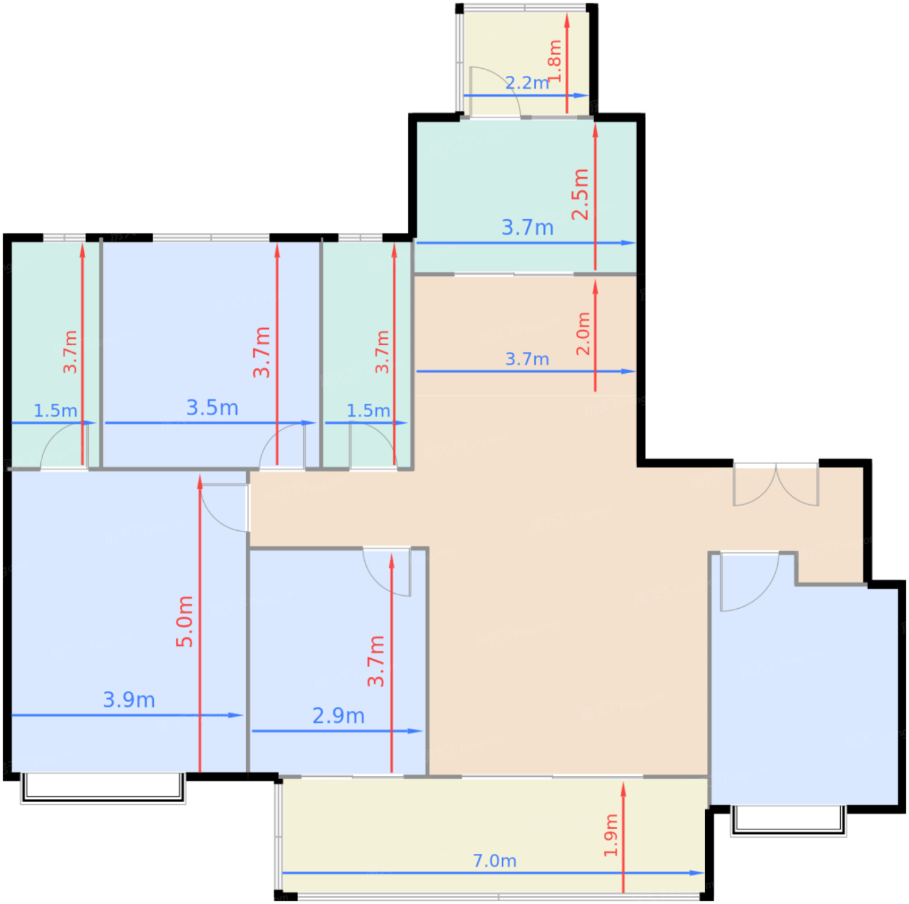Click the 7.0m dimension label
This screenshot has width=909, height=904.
tap(494, 861)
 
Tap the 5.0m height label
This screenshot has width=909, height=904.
tap(184, 621)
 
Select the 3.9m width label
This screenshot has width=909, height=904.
tap(129, 700)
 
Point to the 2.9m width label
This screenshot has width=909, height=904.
tap(338, 715)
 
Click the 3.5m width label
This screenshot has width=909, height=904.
tap(212, 408)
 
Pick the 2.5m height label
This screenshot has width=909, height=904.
tap(580, 194)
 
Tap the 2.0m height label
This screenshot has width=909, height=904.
tap(583, 334)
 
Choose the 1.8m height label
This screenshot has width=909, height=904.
tap(555, 61)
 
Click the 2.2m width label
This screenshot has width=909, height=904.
tap(527, 83)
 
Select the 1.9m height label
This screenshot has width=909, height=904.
tap(610, 835)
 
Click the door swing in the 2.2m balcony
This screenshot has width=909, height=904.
tap(495, 92)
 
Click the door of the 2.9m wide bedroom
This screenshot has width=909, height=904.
tap(387, 572)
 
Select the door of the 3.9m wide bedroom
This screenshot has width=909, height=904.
tap(225, 508)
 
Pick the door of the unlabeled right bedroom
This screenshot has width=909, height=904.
tap(749, 583)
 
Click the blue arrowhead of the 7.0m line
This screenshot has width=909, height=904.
tap(697, 873)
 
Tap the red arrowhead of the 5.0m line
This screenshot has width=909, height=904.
tap(199, 482)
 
